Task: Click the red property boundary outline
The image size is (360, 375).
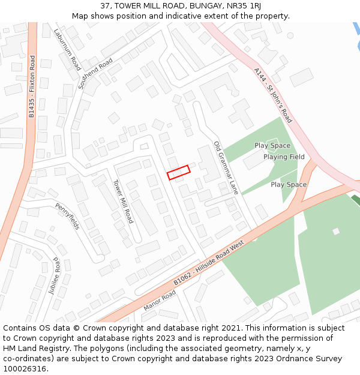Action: pos(178,172)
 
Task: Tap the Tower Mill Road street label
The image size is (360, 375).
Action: pos(123,201)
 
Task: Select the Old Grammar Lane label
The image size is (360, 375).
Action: pos(226,168)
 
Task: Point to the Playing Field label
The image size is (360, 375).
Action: pos(284,157)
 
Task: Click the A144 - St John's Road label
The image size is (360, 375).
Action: pos(272,95)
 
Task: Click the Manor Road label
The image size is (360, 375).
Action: pos(160,300)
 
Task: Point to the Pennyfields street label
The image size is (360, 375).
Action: pos(67,216)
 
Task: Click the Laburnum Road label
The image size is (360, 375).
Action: pos(67,50)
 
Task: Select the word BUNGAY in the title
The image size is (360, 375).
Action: pos(200,6)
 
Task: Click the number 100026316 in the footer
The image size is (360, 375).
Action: pos(25,368)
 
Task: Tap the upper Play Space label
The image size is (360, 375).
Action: pos(272,145)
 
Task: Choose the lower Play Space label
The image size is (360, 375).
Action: pos(289,185)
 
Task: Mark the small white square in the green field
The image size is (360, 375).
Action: pos(336,231)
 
